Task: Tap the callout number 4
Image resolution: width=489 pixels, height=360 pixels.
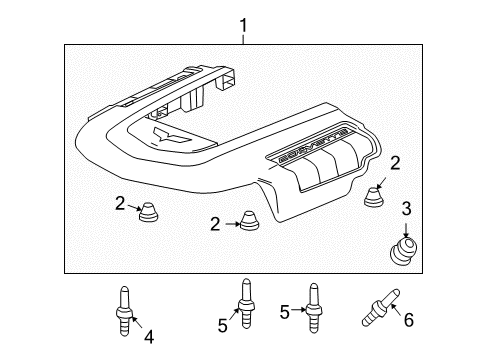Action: click(149, 337)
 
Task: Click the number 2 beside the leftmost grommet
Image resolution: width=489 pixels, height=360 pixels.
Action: click(119, 204)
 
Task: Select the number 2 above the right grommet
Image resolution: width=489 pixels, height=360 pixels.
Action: click(396, 163)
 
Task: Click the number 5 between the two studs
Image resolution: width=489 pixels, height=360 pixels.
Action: click(283, 313)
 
